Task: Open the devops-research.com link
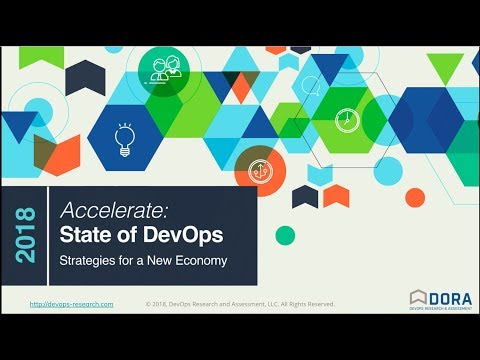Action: pos(71,304)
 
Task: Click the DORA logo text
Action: pos(450,297)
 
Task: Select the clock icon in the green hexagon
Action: pos(344,117)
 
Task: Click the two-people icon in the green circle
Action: pos(164,69)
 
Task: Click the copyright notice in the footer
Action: pos(240,304)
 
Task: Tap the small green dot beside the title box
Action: pos(285,235)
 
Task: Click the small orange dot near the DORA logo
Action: pos(390,262)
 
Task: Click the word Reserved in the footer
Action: pos(319,304)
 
